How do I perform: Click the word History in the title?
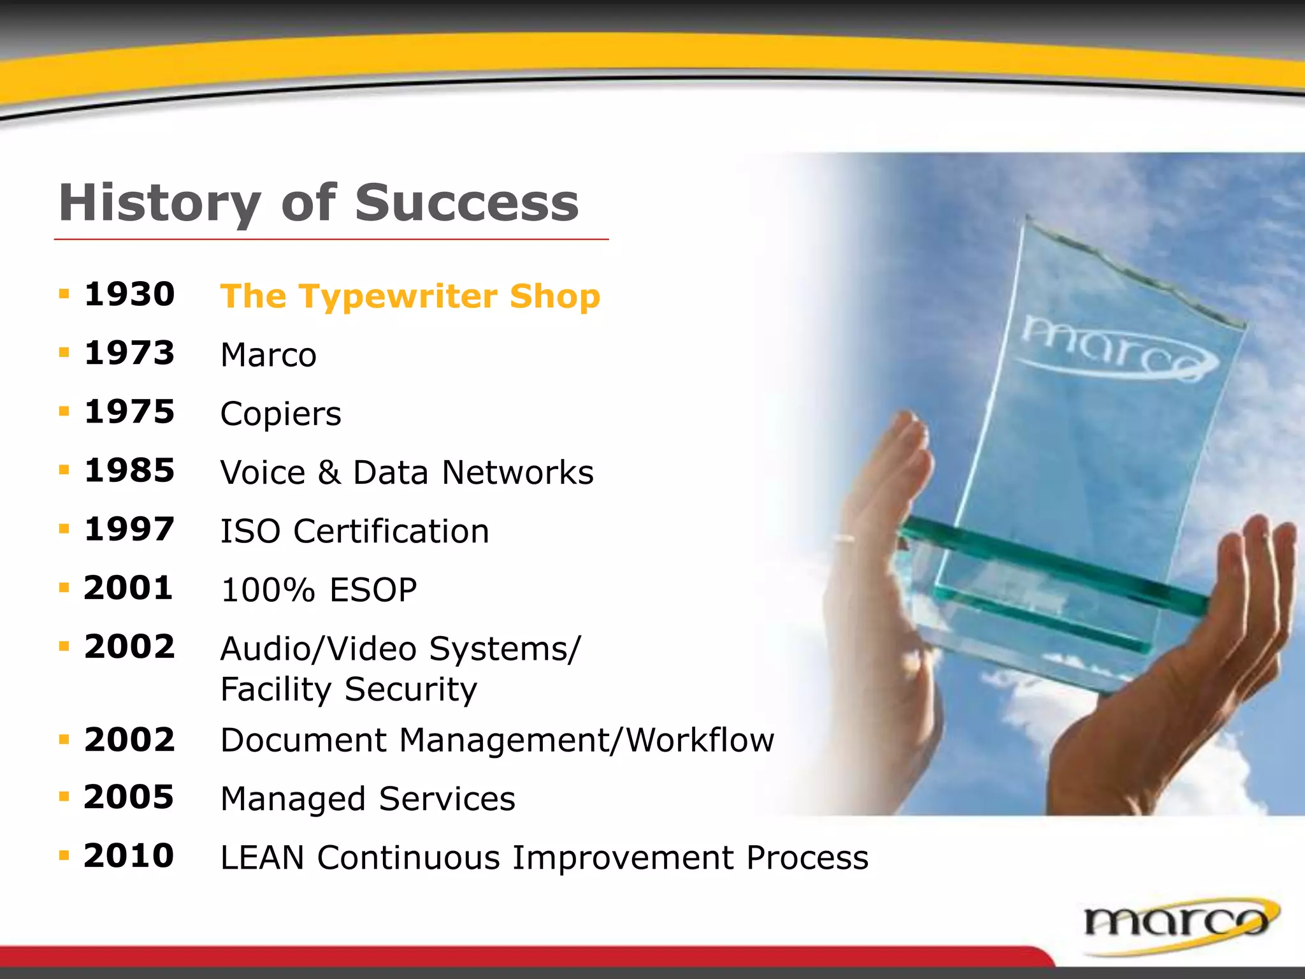click(x=159, y=203)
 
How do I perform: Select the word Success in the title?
click(x=466, y=203)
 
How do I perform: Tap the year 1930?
click(x=129, y=294)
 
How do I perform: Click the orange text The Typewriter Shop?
click(x=410, y=296)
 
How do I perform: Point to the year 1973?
click(x=129, y=353)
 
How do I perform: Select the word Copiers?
click(x=280, y=414)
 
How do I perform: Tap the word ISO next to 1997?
click(x=250, y=532)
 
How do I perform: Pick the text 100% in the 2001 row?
click(x=268, y=590)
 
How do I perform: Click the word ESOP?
click(x=373, y=590)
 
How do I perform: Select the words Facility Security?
click(x=348, y=690)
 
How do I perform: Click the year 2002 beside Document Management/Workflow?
click(x=129, y=740)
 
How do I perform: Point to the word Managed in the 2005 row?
click(x=293, y=799)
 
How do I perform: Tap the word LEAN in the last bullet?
click(x=262, y=858)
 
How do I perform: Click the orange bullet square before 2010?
click(x=64, y=855)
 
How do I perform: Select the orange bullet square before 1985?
click(x=64, y=470)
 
